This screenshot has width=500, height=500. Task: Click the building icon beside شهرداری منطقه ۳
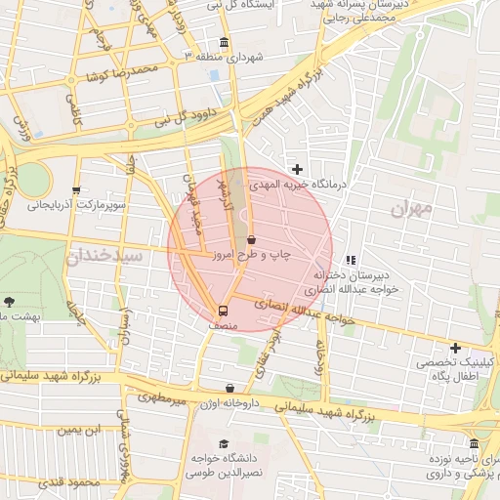click(226, 43)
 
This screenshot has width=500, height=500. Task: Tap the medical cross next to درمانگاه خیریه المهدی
click(297, 169)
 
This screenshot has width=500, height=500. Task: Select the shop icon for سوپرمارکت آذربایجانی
click(76, 190)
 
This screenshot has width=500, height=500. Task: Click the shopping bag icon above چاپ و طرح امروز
click(252, 239)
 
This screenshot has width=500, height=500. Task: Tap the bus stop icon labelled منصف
click(225, 312)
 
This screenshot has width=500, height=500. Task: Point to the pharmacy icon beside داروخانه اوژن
click(229, 389)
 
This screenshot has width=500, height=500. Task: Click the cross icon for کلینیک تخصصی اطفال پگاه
click(455, 348)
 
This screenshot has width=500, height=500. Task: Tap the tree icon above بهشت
click(10, 302)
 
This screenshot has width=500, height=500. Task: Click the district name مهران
click(410, 209)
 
